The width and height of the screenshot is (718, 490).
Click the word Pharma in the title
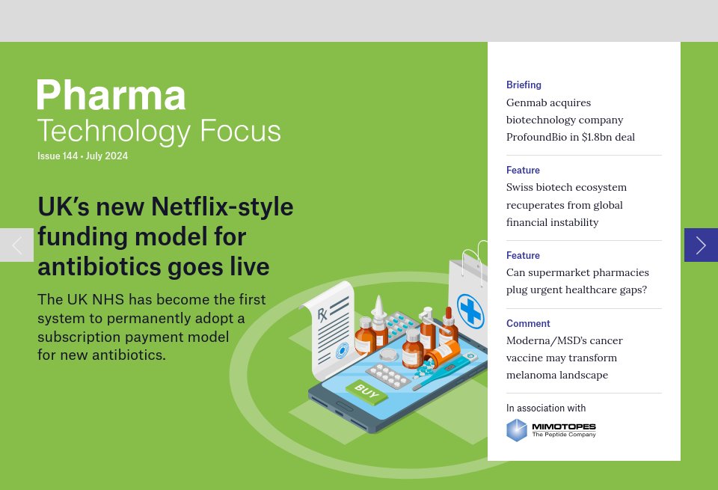[x=111, y=95]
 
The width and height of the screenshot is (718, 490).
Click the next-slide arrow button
[x=701, y=245]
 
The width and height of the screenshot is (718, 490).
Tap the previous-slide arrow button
[x=16, y=245]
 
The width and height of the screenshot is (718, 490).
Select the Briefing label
[x=524, y=85]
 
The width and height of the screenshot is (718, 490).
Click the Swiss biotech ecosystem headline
[x=566, y=204]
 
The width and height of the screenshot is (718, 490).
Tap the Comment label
[x=528, y=324]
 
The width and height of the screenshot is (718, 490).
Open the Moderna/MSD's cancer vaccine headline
[x=564, y=358]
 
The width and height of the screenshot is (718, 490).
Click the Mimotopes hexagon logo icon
[x=517, y=430]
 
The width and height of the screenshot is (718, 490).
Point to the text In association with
[x=546, y=408]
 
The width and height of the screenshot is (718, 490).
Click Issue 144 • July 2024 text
[x=83, y=156]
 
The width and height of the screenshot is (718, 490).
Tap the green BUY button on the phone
[x=366, y=391]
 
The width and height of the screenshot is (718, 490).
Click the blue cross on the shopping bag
[x=470, y=310]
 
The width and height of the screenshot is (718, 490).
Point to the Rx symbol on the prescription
[x=322, y=313]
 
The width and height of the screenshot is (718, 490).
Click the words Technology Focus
[x=159, y=130]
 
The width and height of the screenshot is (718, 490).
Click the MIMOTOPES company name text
[x=564, y=426]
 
